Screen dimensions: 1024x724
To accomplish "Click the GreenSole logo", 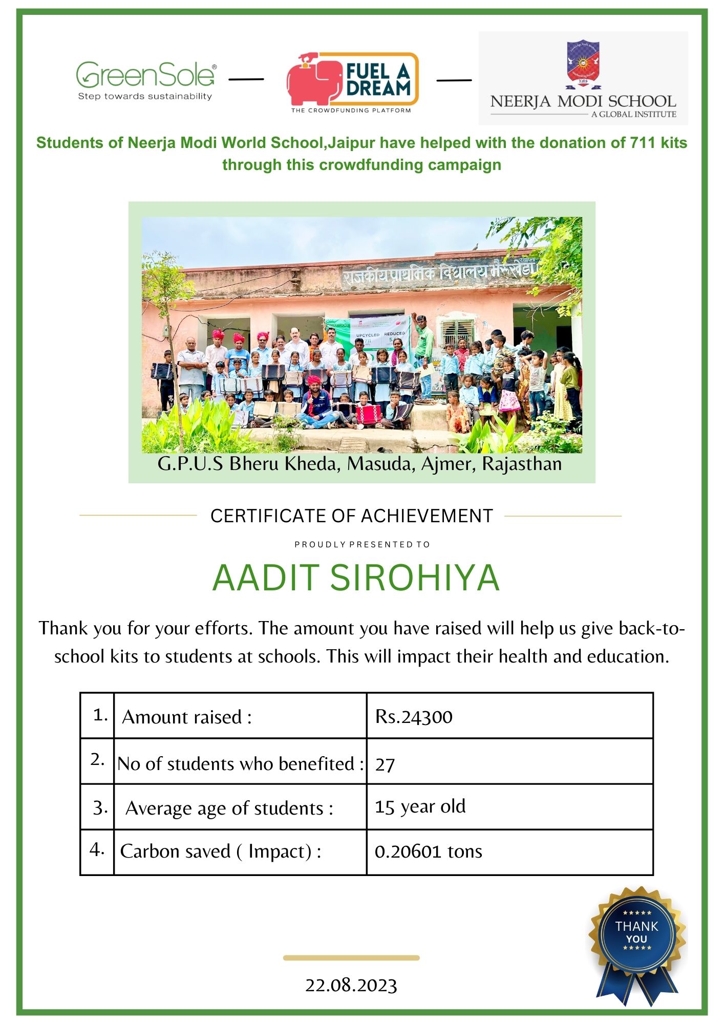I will click(146, 80).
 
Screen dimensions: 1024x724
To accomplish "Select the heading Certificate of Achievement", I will click(351, 516).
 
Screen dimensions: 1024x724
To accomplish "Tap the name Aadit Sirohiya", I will click(355, 578).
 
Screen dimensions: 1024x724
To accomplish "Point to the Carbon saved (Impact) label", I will click(221, 851).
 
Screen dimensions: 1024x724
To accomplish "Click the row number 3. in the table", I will click(100, 807).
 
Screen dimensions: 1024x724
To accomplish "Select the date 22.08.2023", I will click(351, 985).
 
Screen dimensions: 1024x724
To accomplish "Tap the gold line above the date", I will click(351, 957).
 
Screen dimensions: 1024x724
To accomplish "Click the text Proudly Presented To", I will click(362, 544).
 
